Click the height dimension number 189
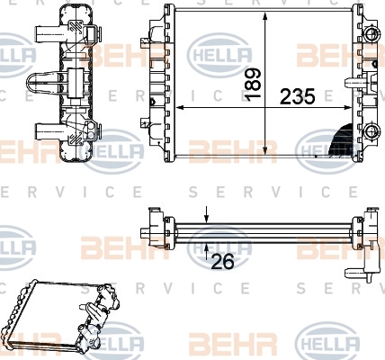[252, 85]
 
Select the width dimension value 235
[298, 97]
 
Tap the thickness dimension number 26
[223, 262]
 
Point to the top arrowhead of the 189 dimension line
[264, 16]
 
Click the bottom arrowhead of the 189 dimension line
[264, 149]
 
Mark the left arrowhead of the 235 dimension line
[180, 107]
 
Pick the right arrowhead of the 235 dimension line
[347, 107]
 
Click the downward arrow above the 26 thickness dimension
[206, 215]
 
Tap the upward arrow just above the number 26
[206, 251]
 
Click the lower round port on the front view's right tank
[372, 130]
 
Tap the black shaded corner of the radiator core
[343, 141]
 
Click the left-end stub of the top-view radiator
[145, 232]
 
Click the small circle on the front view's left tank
[152, 102]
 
